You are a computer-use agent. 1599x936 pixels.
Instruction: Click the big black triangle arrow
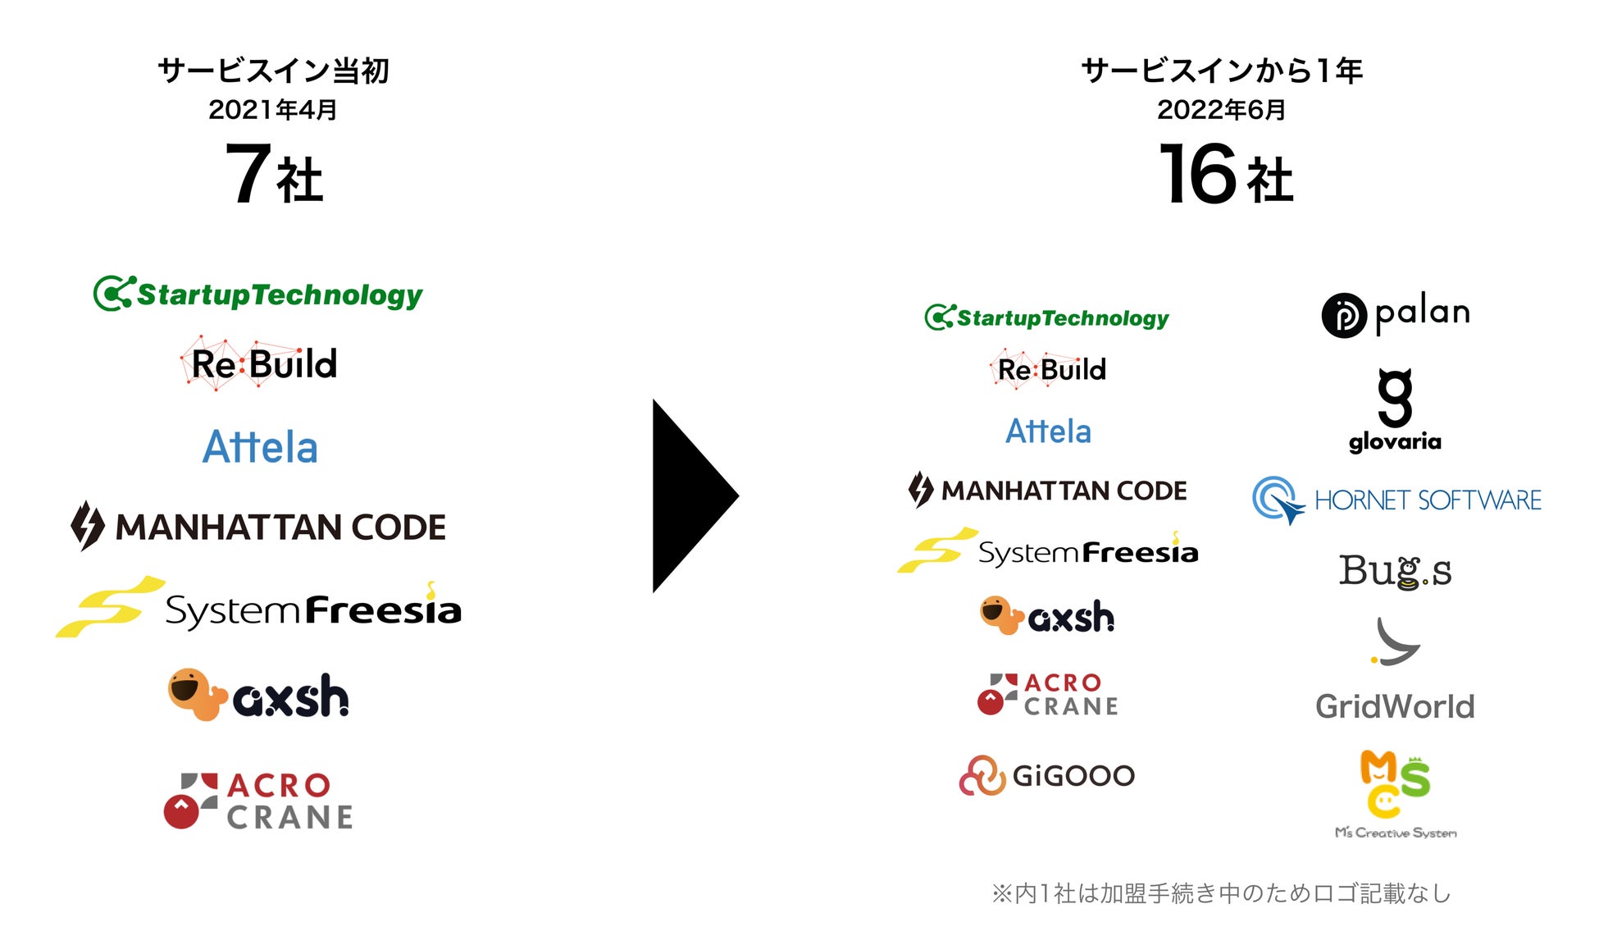tap(689, 495)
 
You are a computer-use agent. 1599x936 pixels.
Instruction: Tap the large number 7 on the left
tap(248, 173)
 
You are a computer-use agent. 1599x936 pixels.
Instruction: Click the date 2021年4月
tap(272, 110)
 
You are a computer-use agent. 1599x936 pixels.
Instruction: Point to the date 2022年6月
tap(1221, 110)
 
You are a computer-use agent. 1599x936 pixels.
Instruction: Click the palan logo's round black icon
tap(1344, 315)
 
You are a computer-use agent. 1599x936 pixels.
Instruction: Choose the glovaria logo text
tap(1395, 442)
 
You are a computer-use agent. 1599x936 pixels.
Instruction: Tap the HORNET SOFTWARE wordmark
tap(1428, 500)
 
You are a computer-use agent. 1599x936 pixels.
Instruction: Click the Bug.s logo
tap(1395, 571)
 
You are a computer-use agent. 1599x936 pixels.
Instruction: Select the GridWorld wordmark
tap(1395, 706)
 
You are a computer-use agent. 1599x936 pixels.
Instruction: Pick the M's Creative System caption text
tap(1396, 833)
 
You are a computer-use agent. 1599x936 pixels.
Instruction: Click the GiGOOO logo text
tap(1073, 775)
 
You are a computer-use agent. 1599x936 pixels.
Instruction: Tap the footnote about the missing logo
tap(1221, 893)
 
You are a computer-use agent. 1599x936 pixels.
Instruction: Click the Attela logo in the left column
tap(260, 447)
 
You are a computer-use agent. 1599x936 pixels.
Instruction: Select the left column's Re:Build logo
tap(259, 364)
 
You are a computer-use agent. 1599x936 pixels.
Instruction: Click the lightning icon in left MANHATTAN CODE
tap(87, 525)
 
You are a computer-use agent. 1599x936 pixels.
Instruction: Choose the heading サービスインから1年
tap(1221, 71)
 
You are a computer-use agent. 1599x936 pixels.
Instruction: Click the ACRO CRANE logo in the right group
tap(1048, 694)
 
